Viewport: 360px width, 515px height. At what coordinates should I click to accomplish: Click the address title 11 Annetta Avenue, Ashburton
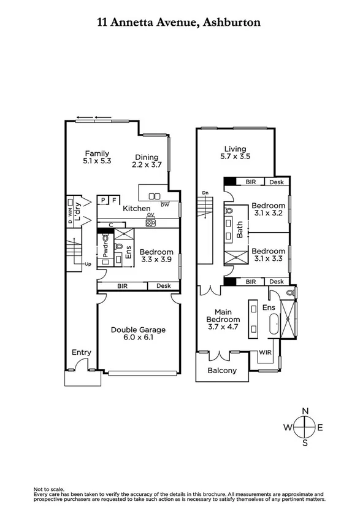point(179,22)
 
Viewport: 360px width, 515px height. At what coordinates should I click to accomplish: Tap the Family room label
point(97,157)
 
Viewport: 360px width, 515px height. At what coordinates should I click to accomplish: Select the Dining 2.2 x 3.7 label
point(147,161)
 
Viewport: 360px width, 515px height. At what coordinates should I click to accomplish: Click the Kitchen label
point(136,209)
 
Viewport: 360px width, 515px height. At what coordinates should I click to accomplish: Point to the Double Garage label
point(138,334)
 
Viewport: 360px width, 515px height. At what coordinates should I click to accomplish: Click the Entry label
point(82,352)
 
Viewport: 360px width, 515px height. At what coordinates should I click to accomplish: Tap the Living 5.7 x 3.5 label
point(235,153)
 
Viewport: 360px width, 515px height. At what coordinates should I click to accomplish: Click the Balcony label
point(222,371)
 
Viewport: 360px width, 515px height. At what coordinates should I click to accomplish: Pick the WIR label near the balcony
point(265,353)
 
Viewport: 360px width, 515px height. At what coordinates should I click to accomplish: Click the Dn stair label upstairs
point(204,193)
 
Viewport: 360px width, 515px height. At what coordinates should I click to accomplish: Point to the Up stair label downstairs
point(88,265)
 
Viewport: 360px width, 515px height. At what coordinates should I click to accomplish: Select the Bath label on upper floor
point(240,230)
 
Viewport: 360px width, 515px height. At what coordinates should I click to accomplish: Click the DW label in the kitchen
point(164,204)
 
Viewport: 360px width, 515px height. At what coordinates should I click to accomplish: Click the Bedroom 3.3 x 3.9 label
point(156,256)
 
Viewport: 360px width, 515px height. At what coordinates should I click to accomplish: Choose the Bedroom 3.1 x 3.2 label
point(268,210)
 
